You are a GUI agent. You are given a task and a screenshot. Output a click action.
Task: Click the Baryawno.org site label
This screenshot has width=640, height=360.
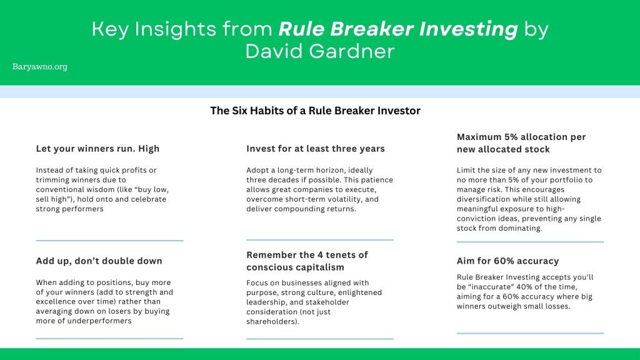point(39,66)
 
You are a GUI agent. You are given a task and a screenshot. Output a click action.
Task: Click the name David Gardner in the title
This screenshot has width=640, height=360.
point(320,51)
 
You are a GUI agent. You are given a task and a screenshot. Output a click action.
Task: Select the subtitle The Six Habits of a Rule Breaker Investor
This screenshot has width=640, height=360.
point(315,111)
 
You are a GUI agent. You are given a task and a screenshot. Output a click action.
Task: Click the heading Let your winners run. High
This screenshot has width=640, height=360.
point(97,149)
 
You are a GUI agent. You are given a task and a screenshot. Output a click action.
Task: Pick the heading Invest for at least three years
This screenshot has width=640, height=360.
point(316,149)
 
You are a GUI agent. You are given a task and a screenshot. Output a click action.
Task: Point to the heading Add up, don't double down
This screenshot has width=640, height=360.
point(99,261)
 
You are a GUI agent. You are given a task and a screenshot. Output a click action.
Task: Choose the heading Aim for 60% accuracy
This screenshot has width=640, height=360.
point(507,261)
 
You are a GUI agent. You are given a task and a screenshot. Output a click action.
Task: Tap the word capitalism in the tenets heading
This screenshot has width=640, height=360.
point(319,267)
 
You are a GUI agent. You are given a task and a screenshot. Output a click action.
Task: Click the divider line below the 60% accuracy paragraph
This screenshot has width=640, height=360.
point(530,334)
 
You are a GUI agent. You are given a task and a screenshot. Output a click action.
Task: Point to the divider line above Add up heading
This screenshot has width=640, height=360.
point(109,241)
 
